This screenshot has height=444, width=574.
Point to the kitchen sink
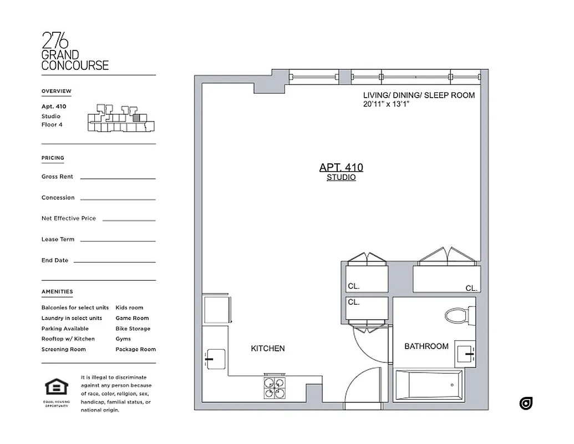[216, 359]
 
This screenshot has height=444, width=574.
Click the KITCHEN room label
[268, 349]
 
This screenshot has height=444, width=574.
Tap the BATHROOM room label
[426, 346]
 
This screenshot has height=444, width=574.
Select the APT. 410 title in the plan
[341, 167]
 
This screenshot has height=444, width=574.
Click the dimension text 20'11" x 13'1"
[386, 104]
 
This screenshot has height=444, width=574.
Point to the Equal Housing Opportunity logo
[57, 389]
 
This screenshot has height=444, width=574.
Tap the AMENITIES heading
[57, 291]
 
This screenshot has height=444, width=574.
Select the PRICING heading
[53, 158]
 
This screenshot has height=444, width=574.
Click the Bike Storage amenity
[133, 329]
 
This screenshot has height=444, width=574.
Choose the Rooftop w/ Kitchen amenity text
[68, 339]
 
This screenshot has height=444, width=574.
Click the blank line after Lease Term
[118, 241]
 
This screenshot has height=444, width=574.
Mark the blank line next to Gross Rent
[118, 178]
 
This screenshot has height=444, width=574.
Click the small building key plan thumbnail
[120, 118]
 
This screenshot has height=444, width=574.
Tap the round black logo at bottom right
[526, 403]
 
